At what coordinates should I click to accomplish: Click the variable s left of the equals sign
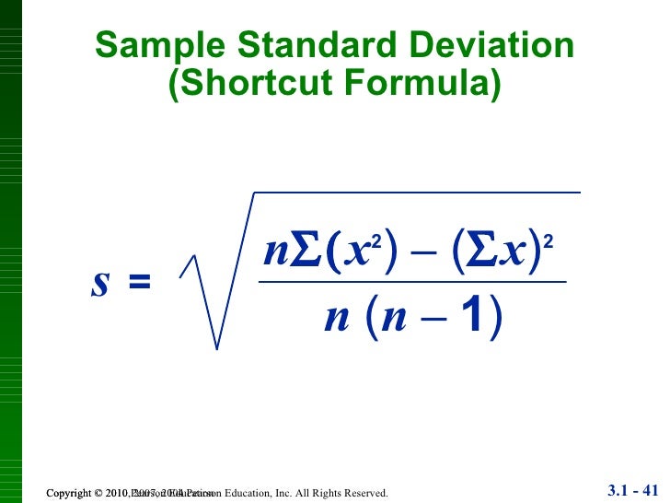click(x=99, y=283)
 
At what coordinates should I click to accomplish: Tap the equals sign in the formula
click(x=139, y=283)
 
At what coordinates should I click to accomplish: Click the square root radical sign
click(x=204, y=304)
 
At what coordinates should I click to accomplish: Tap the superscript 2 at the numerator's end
click(x=549, y=241)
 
